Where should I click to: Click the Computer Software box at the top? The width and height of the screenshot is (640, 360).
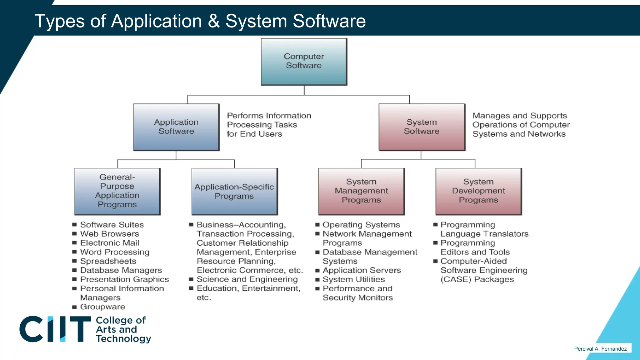pos(304,62)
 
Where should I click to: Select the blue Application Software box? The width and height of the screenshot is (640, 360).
pos(176,127)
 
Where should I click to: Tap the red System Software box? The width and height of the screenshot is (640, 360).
pos(422,127)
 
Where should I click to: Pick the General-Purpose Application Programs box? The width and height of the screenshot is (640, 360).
pos(117,191)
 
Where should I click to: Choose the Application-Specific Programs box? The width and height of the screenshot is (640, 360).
pos(234,191)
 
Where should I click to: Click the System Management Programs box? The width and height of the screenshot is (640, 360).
pos(361,191)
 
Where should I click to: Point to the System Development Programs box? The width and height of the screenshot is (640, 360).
pos(478,191)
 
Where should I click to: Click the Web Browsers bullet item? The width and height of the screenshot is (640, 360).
pos(109,234)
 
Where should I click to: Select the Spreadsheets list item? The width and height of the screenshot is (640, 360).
pos(108,261)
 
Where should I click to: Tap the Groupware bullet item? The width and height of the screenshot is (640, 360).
pos(102,307)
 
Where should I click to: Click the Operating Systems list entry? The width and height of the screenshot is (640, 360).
pos(361,225)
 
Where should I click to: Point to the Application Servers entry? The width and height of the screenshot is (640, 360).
pos(362,270)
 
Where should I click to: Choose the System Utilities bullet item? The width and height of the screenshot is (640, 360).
pos(354,279)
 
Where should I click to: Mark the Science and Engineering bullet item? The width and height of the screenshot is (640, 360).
pos(247,279)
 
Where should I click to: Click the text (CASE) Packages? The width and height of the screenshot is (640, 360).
pos(477,279)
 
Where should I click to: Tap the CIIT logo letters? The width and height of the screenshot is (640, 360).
pos(55,329)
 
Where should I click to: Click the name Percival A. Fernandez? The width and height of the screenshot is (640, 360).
pos(600,349)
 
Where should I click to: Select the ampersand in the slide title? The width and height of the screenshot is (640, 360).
pos(214,21)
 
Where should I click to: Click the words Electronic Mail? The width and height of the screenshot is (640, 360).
pos(110,243)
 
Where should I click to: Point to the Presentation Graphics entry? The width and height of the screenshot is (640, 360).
pos(124,279)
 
